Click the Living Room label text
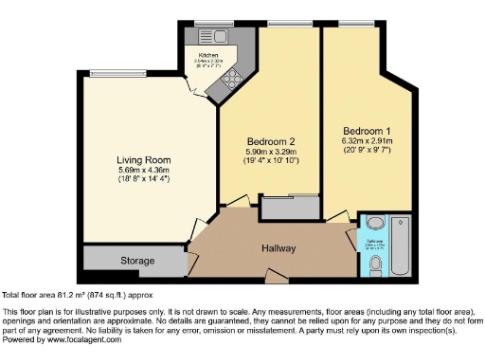(144, 160)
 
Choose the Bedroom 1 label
(366, 130)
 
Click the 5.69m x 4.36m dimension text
(144, 170)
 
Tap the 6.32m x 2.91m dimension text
(366, 140)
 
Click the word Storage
(136, 261)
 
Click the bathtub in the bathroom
(400, 245)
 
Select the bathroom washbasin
(374, 226)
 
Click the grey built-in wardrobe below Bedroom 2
(289, 208)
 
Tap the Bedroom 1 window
(354, 23)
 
